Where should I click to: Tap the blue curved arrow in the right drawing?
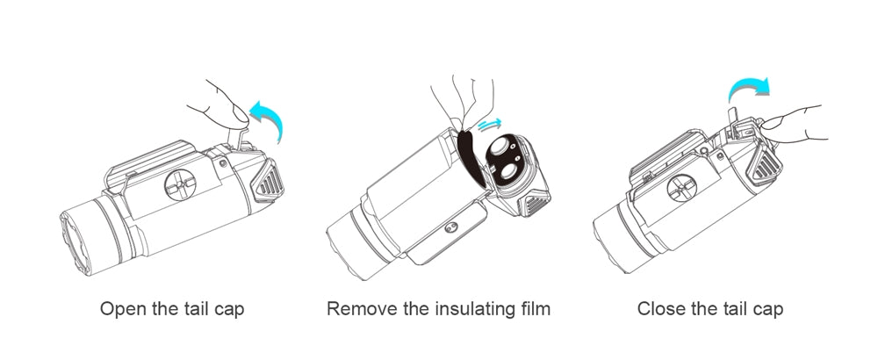[x=749, y=89]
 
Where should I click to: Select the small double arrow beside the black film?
[x=490, y=124]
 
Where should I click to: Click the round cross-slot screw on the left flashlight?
[x=180, y=185]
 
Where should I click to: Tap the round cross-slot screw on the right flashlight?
[x=681, y=188]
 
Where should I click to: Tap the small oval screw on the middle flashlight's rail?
[x=450, y=227]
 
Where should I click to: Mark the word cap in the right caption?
[x=767, y=310]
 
